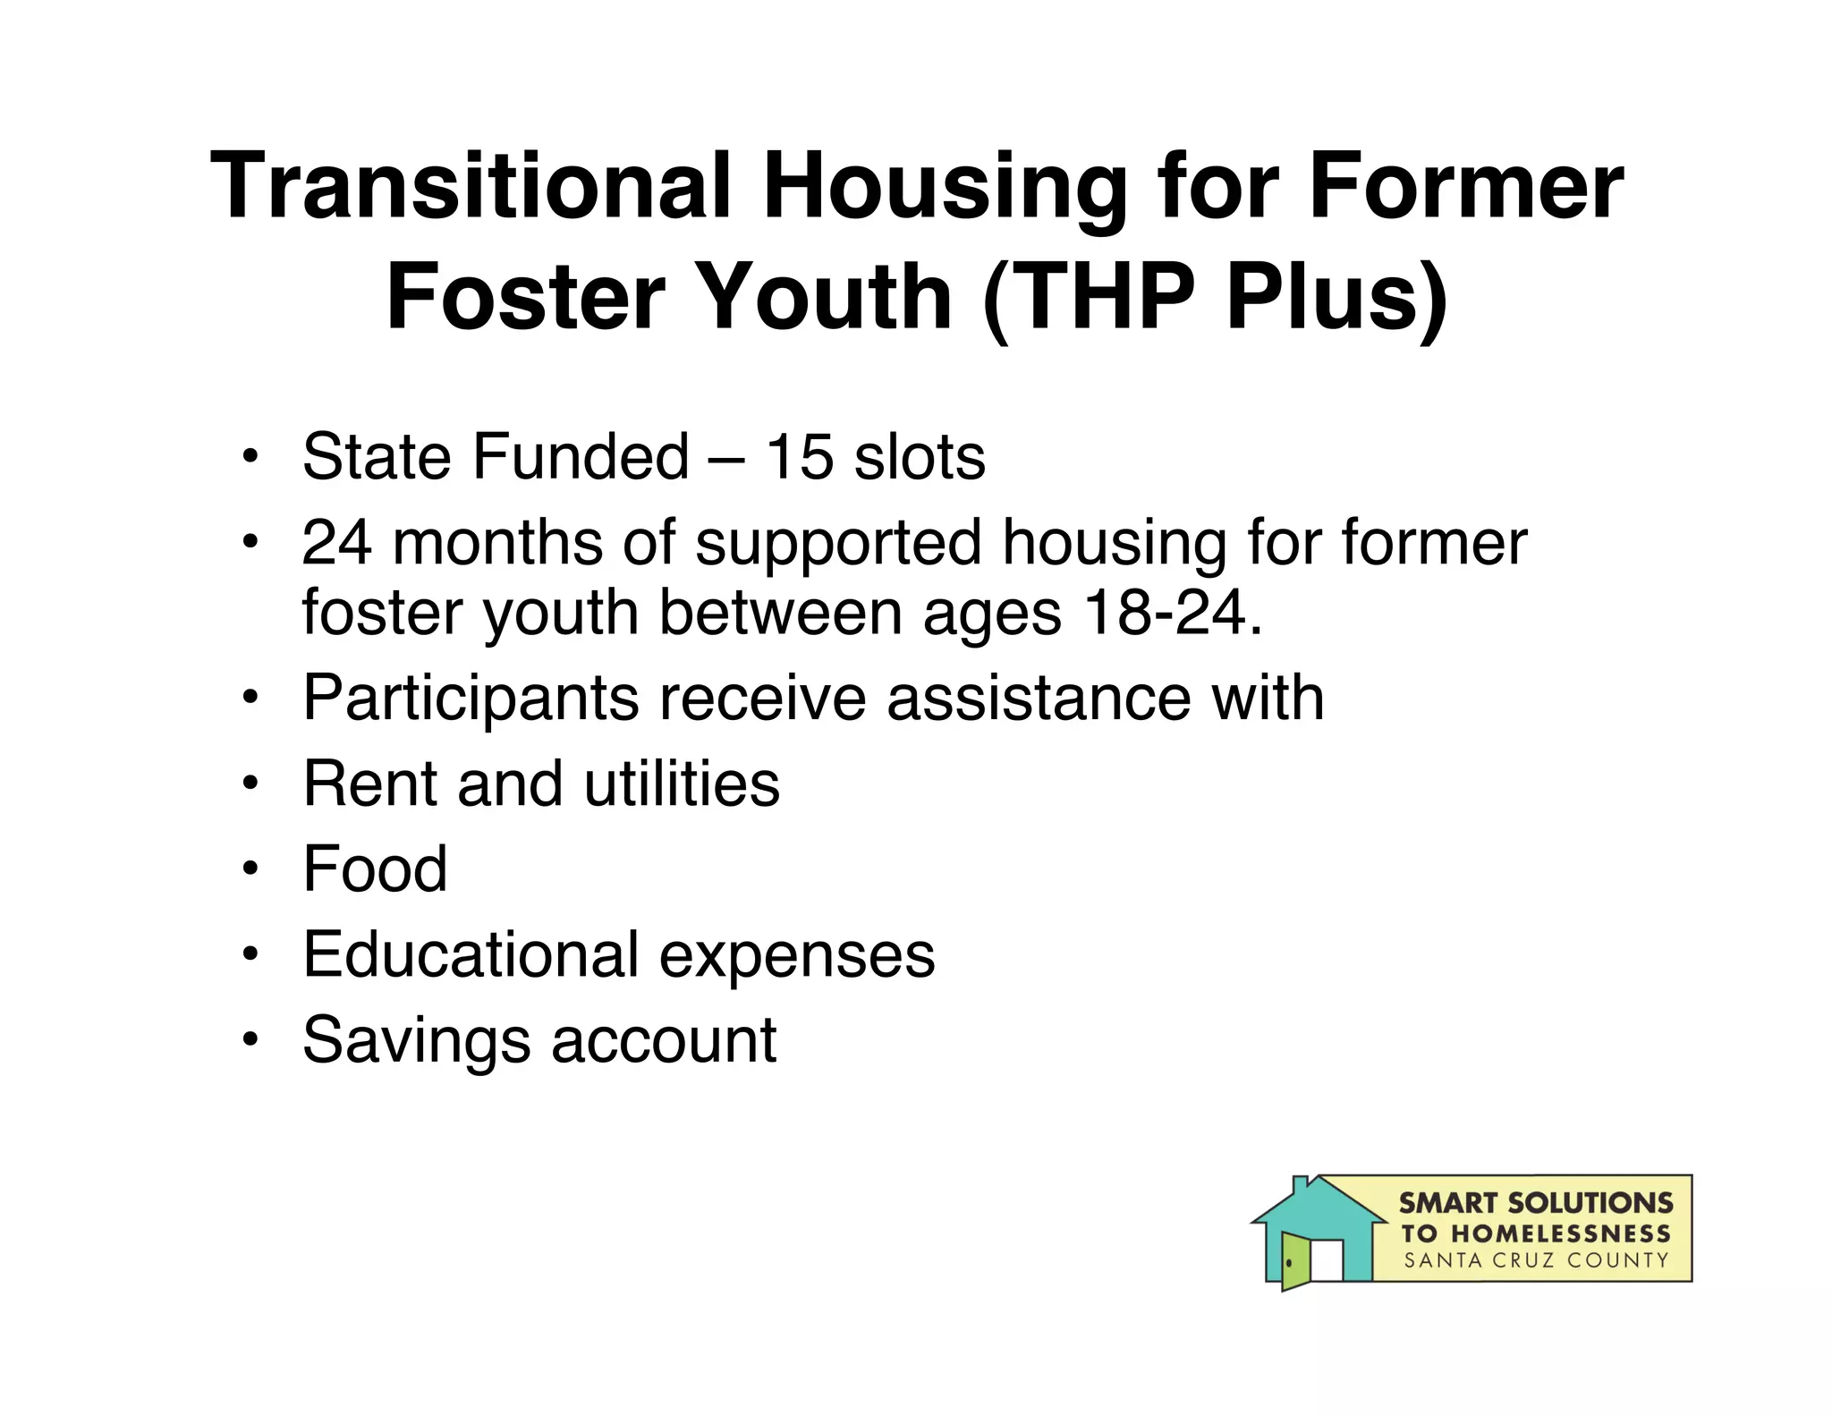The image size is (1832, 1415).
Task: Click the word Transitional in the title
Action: point(471,186)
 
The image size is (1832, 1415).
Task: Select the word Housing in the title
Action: point(944,186)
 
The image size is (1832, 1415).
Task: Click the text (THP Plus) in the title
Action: point(1215,297)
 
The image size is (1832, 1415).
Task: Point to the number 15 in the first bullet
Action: point(800,457)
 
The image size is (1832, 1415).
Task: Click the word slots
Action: point(920,457)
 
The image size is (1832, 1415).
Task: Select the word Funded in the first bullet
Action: point(581,457)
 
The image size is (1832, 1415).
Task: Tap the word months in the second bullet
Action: point(497,543)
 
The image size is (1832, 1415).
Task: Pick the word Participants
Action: point(471,698)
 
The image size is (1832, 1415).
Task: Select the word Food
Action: point(375,868)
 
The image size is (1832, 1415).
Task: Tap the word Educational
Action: point(471,954)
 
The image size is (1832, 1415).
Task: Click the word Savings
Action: point(417,1040)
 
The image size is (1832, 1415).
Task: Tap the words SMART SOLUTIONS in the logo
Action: point(1535,1203)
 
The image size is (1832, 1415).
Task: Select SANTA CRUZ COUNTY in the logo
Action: point(1535,1260)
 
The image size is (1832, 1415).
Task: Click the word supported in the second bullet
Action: point(837,543)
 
